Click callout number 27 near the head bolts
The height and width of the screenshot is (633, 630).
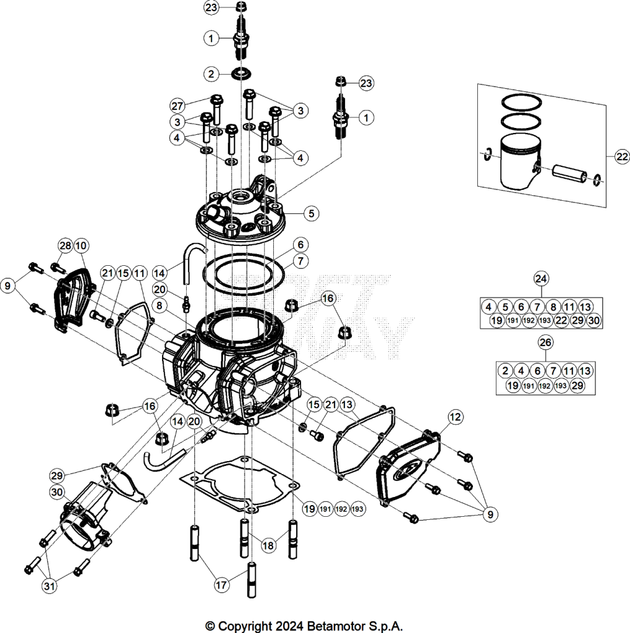coord(177,106)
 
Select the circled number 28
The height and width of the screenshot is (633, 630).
coord(66,245)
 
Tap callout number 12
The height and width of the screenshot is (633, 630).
coord(455,417)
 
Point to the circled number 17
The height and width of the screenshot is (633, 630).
coord(221,585)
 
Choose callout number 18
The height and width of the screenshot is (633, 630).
coord(268,545)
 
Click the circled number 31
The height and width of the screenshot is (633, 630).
coord(49,586)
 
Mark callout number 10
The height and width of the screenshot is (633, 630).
coord(81,245)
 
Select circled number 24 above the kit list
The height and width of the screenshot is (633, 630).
coord(541,279)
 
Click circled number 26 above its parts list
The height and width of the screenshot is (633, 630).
coord(545,342)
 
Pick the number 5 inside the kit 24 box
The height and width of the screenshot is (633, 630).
coord(505,307)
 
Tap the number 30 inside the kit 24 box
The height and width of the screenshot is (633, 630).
coord(594,321)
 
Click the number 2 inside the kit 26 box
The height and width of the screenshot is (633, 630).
coord(505,371)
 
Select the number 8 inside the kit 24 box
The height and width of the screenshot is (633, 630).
coord(553,307)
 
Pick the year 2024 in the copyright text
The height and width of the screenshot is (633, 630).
coord(289,626)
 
